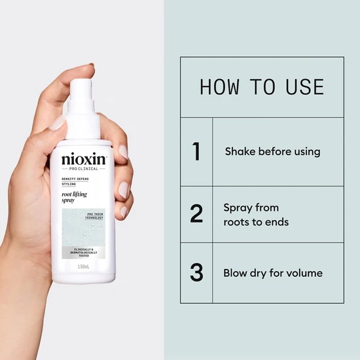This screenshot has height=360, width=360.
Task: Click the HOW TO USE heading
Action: tap(261, 87)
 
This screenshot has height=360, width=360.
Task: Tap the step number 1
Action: tap(196, 151)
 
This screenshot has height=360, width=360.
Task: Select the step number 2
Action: tap(196, 214)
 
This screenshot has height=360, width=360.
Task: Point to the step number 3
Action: tap(196, 272)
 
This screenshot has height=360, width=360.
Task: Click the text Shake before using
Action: tap(272, 151)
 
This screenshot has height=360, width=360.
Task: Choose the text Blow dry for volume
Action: tap(273, 272)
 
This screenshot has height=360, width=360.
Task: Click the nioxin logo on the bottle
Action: tap(84, 160)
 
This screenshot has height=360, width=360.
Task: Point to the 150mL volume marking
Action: tap(84, 266)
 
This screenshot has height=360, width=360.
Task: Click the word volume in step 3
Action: tap(305, 272)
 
